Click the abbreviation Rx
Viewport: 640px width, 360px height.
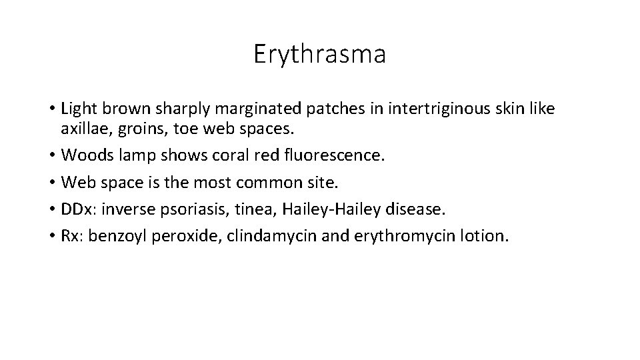pos(70,236)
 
